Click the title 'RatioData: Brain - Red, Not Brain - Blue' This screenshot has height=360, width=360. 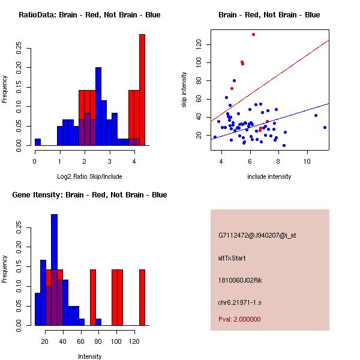(89, 15)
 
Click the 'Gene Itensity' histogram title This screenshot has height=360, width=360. (89, 195)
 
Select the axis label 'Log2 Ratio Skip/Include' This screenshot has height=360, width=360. (89, 176)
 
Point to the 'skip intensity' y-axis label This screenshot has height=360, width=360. (185, 90)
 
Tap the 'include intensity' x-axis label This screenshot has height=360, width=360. (269, 176)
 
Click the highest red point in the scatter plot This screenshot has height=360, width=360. (254, 34)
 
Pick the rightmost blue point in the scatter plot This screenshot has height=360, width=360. (325, 127)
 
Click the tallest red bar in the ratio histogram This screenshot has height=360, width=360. (142, 90)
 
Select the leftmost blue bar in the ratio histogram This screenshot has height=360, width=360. (38, 142)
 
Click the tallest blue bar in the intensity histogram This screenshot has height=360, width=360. (55, 270)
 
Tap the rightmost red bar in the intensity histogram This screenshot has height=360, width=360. (142, 297)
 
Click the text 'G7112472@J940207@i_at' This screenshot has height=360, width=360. (257, 236)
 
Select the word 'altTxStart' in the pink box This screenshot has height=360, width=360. (232, 259)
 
